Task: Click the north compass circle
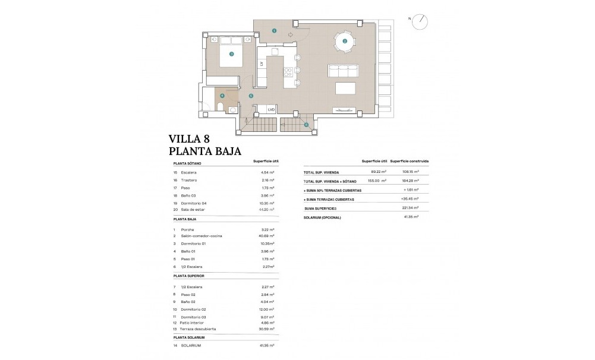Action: (422, 19)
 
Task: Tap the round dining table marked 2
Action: (345, 41)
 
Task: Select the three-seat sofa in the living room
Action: (344, 71)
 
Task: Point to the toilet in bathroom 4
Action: (220, 107)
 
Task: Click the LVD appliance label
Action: (272, 109)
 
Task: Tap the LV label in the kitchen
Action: (261, 64)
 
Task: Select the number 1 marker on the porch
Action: (274, 30)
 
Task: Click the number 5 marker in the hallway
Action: (251, 95)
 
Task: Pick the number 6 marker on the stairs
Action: (306, 124)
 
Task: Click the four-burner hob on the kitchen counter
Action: (288, 72)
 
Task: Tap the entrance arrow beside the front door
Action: (291, 35)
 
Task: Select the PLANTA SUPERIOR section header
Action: (190, 276)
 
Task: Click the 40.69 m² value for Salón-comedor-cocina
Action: (267, 236)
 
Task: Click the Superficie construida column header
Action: (410, 161)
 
